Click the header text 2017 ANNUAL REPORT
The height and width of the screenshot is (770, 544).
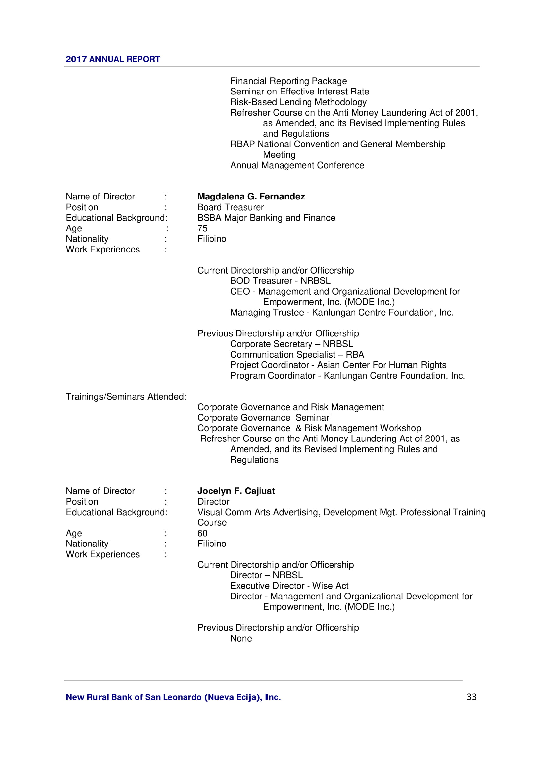tap(112, 59)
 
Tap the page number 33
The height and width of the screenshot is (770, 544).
tap(471, 697)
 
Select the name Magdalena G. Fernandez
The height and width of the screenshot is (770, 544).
tap(251, 197)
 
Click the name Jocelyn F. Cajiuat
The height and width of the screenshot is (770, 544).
tap(236, 491)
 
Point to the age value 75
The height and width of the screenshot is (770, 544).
tap(202, 228)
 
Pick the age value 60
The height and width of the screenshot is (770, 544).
tap(202, 533)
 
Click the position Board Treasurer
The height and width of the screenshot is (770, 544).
tap(231, 207)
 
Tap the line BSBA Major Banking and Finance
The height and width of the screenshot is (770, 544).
tap(266, 218)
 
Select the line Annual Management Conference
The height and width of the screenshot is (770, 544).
tap(297, 165)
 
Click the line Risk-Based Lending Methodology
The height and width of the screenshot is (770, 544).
tap(298, 102)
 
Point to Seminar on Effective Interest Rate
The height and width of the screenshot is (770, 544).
tap(300, 92)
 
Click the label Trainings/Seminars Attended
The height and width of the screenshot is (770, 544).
tap(126, 397)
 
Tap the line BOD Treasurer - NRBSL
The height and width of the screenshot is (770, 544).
tap(280, 281)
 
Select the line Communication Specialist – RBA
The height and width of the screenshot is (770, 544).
tap(297, 355)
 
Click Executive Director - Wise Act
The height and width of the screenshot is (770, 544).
tap(289, 586)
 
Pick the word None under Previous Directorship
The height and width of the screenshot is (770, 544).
tap(241, 638)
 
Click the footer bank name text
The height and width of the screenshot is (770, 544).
tap(173, 697)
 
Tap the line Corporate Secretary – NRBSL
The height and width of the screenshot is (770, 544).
tap(291, 344)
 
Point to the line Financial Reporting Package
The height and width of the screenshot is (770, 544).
tap(288, 81)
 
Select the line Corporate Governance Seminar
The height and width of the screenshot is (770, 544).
tap(263, 418)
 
